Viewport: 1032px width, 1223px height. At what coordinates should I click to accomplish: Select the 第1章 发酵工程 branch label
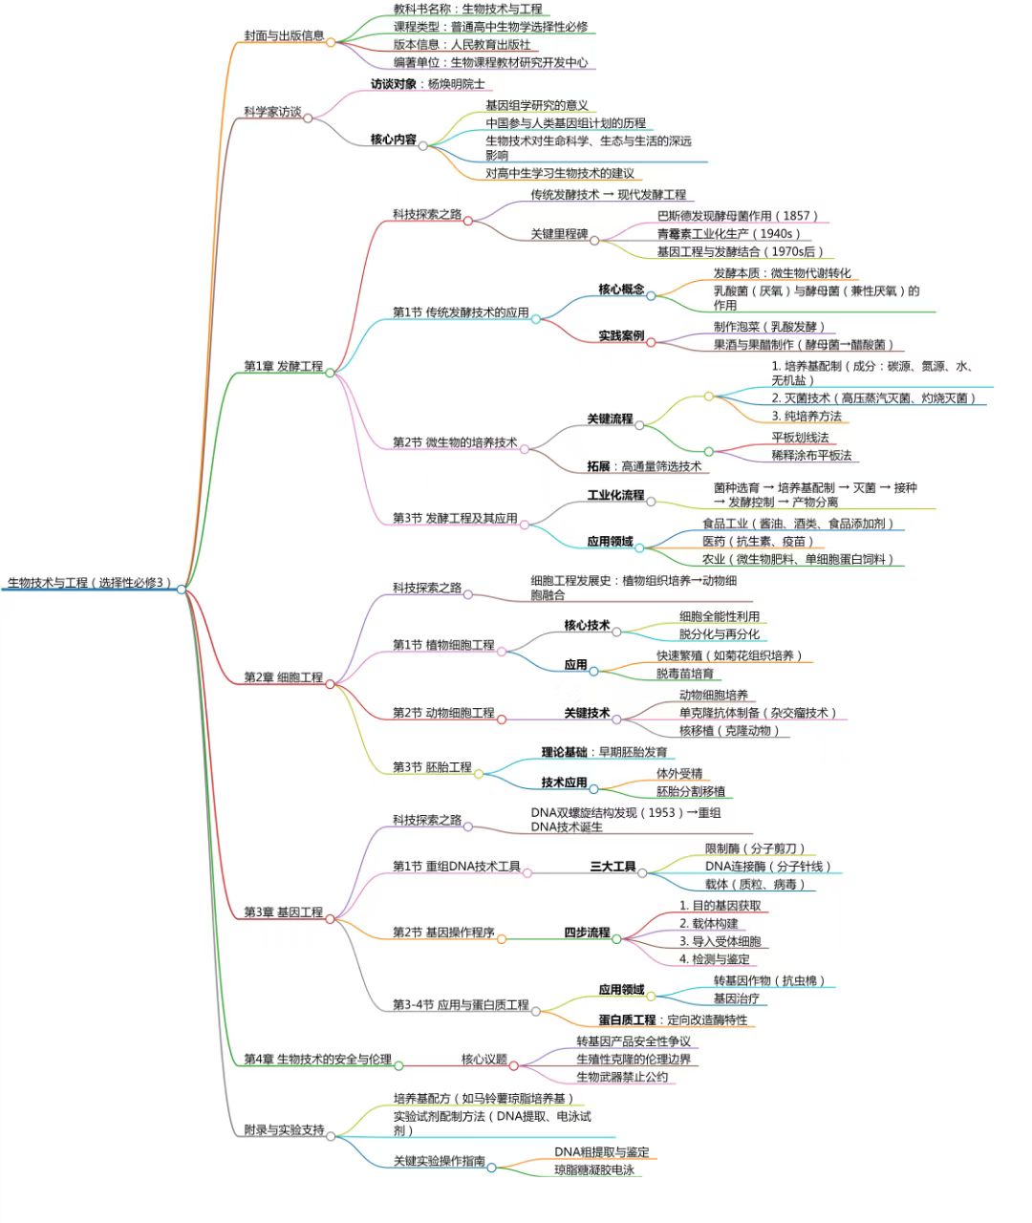coord(283,366)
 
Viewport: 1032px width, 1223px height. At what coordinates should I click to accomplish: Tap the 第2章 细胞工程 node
coord(283,676)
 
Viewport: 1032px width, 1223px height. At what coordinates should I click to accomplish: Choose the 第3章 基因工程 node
coord(283,912)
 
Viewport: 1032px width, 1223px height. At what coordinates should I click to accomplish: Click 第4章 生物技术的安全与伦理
coord(317,1059)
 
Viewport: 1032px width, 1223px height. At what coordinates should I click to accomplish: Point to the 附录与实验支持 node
coord(284,1129)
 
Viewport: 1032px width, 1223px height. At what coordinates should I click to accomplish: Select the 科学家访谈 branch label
coord(272,112)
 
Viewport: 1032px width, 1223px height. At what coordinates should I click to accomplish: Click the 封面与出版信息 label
coord(284,35)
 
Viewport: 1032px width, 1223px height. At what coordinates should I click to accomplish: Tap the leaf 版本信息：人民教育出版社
coord(462,44)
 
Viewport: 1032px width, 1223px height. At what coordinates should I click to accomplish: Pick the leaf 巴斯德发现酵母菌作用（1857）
coord(738,216)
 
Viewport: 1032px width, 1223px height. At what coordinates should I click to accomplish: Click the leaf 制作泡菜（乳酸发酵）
coord(769,327)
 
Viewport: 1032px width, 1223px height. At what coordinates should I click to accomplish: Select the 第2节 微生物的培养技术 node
coord(455,442)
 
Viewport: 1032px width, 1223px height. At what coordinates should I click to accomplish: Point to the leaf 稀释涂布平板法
coord(811,455)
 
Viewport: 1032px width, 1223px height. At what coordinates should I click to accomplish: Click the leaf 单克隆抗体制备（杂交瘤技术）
coord(759,713)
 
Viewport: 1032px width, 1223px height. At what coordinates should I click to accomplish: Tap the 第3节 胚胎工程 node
coord(432,766)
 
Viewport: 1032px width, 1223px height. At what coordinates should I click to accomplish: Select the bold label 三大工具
coord(613,866)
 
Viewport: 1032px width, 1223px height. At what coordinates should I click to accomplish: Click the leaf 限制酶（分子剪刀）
coord(755,848)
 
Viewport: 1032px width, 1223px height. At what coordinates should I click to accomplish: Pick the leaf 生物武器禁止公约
coord(622,1077)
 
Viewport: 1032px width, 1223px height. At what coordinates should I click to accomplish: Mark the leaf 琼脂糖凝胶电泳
coord(594,1169)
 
